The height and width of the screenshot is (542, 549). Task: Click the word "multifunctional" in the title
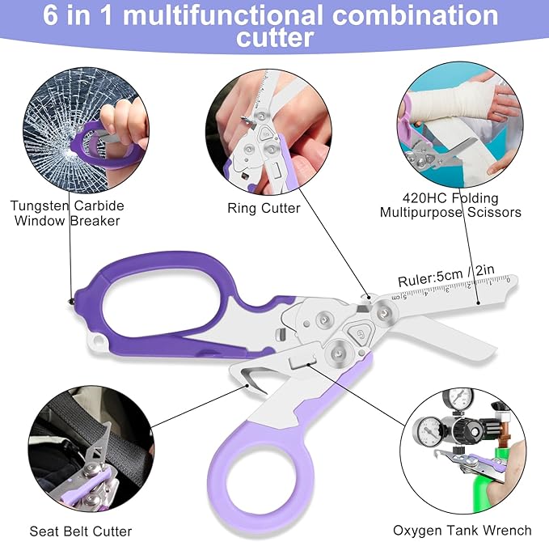tap(222, 15)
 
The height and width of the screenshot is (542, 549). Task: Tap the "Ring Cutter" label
tap(264, 208)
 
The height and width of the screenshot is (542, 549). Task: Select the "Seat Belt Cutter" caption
tap(81, 531)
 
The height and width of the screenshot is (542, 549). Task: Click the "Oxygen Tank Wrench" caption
tap(462, 531)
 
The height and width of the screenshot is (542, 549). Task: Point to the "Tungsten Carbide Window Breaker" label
tap(67, 213)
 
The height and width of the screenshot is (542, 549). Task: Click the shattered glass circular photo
tap(86, 130)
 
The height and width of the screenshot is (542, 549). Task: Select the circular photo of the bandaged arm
tap(460, 125)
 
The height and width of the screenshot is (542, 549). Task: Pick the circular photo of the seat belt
tap(91, 449)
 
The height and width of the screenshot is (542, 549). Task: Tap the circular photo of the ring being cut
tap(268, 132)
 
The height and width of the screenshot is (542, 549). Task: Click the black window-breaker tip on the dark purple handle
tap(71, 301)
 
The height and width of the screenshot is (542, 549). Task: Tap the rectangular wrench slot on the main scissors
tap(302, 362)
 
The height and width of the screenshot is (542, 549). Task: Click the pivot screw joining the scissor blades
tap(384, 311)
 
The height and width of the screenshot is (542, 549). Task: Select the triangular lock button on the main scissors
tap(361, 333)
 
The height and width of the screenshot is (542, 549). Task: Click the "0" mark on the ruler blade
tap(508, 279)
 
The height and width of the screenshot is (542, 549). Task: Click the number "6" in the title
tap(50, 15)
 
